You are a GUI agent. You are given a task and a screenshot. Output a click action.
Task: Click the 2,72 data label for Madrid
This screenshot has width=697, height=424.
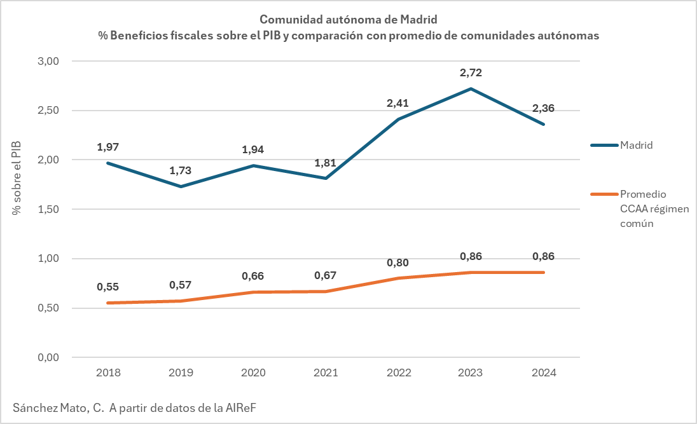(471, 72)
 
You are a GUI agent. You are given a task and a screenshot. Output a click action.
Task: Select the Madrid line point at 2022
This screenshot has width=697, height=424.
(398, 119)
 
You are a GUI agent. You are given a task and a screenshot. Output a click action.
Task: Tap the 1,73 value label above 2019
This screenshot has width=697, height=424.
(180, 170)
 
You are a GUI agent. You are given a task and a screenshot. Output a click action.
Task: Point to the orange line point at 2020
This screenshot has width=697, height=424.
(253, 292)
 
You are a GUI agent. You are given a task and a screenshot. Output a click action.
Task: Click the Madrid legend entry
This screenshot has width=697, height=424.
(637, 145)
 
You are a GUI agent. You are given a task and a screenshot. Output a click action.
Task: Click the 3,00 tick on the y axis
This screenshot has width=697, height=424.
(48, 61)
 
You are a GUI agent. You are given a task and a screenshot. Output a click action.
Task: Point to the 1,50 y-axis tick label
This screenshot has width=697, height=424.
(48, 209)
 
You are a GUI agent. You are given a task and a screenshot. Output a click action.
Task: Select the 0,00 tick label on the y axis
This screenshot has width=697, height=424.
(48, 358)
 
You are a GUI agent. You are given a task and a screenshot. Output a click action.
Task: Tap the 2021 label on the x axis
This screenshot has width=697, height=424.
(326, 373)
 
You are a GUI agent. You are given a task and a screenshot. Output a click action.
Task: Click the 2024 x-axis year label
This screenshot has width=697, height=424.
(544, 373)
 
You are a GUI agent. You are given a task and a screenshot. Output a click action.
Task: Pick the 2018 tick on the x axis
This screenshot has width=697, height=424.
(107, 373)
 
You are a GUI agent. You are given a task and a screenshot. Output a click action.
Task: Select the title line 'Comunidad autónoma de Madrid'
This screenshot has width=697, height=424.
(348, 20)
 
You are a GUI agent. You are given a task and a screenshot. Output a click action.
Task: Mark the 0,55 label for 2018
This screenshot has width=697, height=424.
(107, 287)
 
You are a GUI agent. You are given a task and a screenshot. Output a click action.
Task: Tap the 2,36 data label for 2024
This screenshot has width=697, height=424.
(544, 108)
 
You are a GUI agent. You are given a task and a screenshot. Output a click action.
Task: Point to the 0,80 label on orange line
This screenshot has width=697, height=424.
(398, 262)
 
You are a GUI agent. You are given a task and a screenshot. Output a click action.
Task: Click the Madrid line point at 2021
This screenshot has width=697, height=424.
(326, 179)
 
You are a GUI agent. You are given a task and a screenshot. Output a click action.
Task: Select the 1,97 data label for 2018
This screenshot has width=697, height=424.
(107, 147)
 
